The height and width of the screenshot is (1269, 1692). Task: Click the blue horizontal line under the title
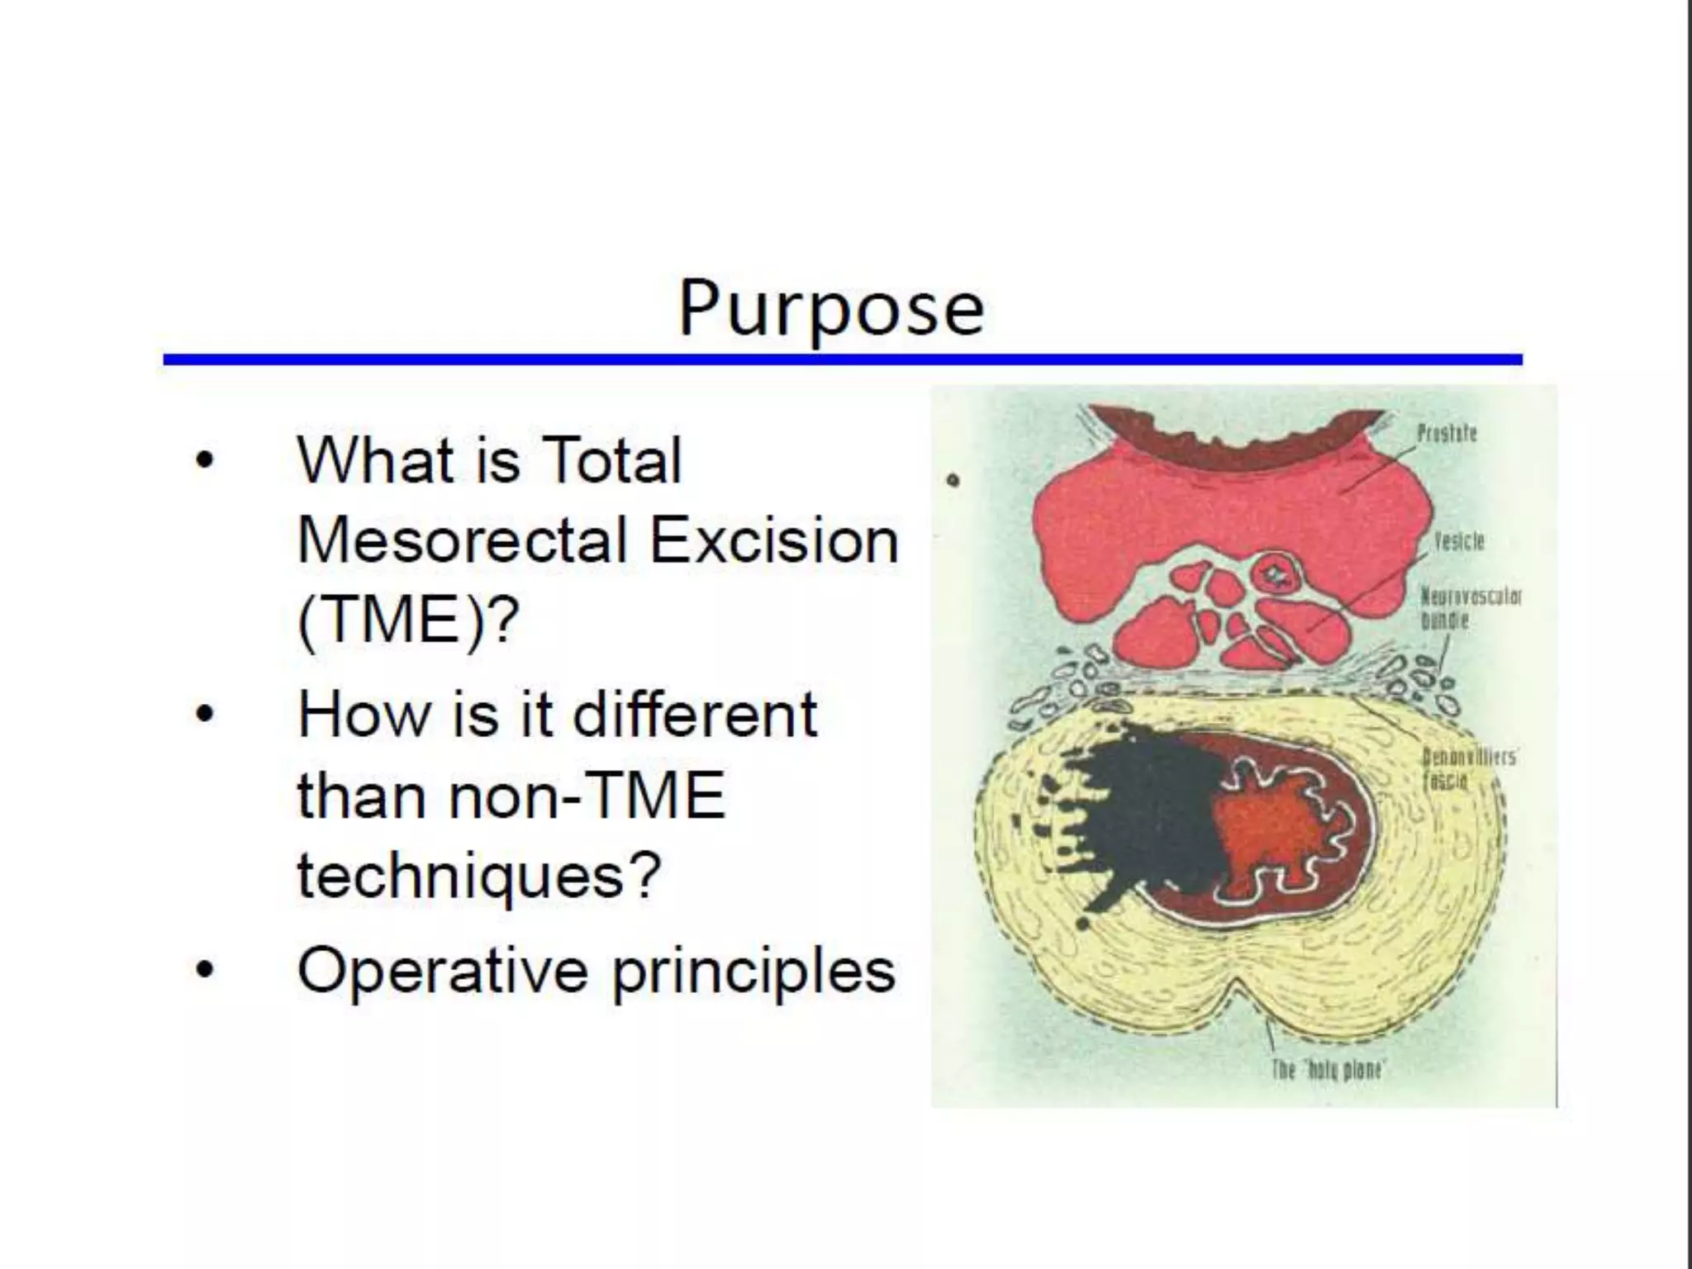843,359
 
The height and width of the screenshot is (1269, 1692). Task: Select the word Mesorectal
463,541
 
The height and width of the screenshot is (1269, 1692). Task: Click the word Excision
774,541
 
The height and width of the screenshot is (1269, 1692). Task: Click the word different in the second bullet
695,714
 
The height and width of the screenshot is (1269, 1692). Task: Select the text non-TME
587,795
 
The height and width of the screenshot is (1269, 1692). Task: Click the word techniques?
479,876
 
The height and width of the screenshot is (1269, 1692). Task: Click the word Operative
442,970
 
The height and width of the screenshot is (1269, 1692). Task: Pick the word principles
753,972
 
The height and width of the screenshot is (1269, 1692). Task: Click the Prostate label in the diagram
1446,433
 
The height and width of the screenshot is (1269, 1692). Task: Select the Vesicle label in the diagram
1458,541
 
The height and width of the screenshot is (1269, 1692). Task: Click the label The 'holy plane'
1327,1070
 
